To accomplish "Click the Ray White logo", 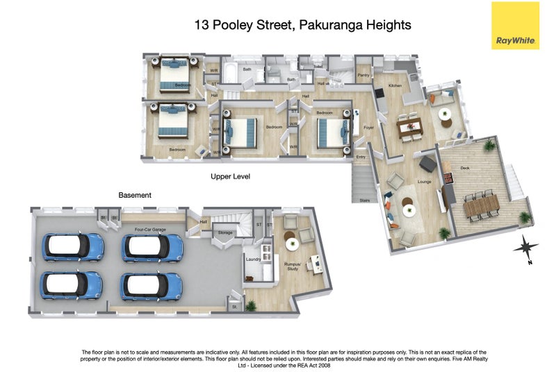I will pos(515,26).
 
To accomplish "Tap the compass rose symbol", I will pos(527,247).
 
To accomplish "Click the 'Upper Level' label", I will pos(230,177).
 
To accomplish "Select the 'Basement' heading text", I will pos(135,196).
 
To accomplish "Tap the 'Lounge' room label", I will pos(425,182).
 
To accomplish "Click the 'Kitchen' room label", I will pos(395,85).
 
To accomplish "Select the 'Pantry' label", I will pos(362,75).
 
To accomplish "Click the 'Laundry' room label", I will pos(253,259).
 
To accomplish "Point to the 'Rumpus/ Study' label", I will pos(292,266).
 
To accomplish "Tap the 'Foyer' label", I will pos(368,128).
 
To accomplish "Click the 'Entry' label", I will pos(361,157).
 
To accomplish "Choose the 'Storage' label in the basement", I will pos(224,232).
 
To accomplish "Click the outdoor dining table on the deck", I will pos(480,205).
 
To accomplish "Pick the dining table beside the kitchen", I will pos(409,127).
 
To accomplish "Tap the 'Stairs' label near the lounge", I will pos(364,201).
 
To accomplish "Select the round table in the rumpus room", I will pos(291,244).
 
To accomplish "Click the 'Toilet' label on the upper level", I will pos(318,67).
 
